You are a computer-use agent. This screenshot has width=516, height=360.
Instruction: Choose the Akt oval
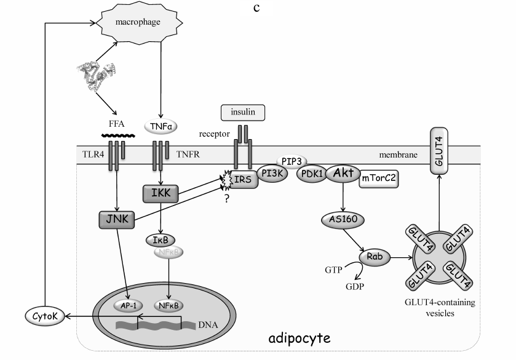click(x=342, y=173)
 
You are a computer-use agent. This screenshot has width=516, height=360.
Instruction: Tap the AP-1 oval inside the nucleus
click(x=128, y=304)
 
